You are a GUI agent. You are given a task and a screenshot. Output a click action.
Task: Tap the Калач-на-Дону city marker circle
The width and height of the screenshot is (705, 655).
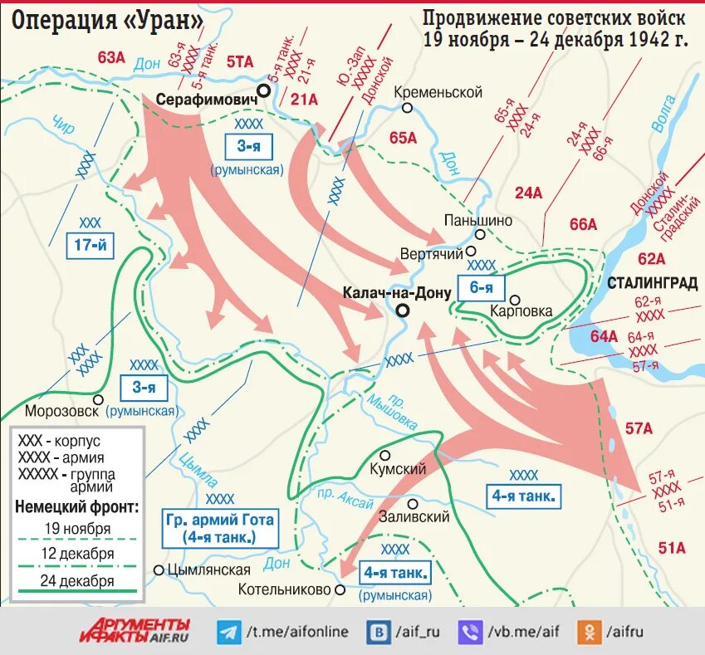pos(402,310)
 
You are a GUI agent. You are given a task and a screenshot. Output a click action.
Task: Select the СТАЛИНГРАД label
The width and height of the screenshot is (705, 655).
pos(652,283)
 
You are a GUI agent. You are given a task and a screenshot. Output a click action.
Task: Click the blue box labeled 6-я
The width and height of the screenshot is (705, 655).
pos(482,288)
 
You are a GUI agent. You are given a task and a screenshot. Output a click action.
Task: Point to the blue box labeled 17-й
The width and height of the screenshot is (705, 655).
pos(91,245)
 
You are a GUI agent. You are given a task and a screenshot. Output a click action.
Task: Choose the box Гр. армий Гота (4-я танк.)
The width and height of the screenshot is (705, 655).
pos(218,528)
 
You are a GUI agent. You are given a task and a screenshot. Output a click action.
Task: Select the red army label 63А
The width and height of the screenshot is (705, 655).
pos(110,57)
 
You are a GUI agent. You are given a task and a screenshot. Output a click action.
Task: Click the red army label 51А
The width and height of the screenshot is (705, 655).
pos(671,547)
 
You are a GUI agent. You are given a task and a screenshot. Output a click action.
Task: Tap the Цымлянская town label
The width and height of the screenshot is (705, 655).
pos(208,569)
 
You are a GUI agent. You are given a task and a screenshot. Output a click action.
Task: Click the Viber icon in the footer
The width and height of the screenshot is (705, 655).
pos(472,632)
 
